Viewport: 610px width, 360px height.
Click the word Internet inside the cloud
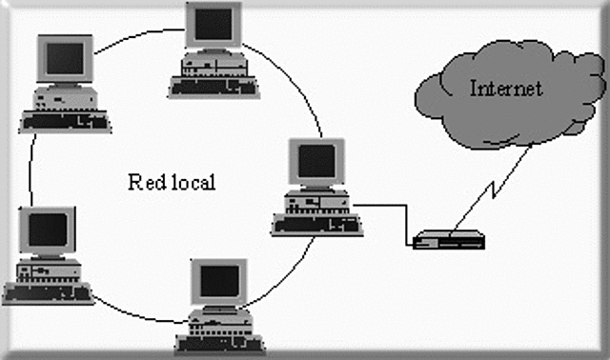pyautogui.click(x=506, y=90)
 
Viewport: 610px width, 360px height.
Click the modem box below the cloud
pyautogui.click(x=449, y=239)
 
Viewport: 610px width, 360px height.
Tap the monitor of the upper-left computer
pyautogui.click(x=65, y=61)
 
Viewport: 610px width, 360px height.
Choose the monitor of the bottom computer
pyautogui.click(x=220, y=280)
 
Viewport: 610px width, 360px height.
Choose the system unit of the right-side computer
pyautogui.click(x=315, y=200)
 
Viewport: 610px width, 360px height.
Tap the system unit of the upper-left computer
pyautogui.click(x=61, y=97)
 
